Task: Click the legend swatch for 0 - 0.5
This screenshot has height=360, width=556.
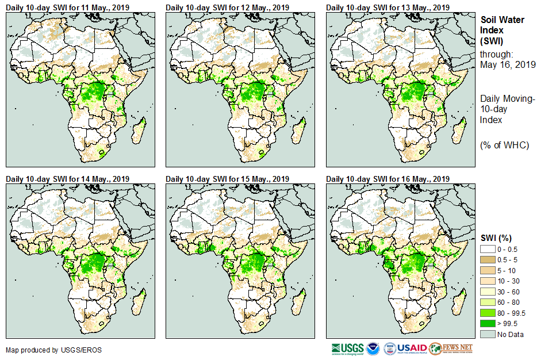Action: [x=488, y=248]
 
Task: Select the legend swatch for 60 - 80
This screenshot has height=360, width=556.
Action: [x=488, y=302]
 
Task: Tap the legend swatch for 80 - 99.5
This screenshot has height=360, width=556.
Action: [x=488, y=313]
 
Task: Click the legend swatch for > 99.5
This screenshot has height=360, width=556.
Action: [x=488, y=324]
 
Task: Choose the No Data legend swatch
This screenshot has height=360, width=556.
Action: [x=488, y=334]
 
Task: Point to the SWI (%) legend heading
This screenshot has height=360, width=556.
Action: [x=496, y=238]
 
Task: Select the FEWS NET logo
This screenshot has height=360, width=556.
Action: [x=451, y=348]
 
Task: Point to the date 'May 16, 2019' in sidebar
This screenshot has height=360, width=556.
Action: [x=508, y=65]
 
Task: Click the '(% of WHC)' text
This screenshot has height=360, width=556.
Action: [x=504, y=145]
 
